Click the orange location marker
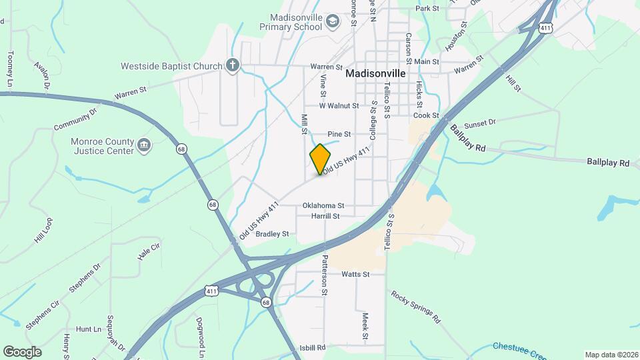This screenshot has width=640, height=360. point(321,159)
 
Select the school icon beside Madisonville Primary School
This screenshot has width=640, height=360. point(332,23)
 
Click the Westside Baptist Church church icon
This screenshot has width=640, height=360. point(231,65)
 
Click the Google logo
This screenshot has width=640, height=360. point(21,352)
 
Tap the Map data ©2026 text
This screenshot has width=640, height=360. point(611,355)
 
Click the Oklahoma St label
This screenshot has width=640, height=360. point(323,205)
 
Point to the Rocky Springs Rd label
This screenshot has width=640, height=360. point(416,307)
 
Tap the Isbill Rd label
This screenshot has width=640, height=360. point(311,347)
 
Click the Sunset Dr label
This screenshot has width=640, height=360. point(480,123)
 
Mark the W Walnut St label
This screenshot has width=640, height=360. point(339,105)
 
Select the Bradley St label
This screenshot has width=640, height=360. point(272,234)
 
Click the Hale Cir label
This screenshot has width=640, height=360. point(149,251)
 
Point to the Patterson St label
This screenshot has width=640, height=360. point(325,274)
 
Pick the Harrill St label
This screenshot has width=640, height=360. point(325,216)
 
